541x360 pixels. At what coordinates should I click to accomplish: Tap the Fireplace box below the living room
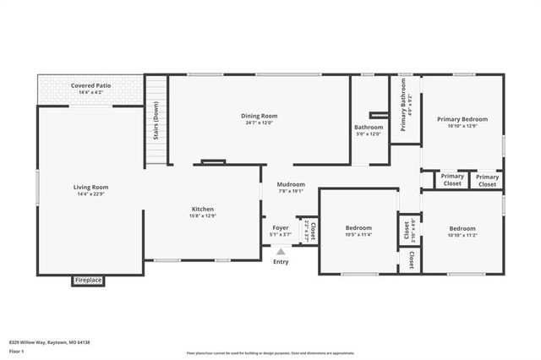[88, 280]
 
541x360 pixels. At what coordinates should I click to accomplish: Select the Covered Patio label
[91, 85]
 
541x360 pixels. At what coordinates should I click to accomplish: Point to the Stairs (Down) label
[156, 123]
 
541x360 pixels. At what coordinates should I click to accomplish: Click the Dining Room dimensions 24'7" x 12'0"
[259, 123]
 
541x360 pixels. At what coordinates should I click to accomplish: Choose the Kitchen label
[203, 209]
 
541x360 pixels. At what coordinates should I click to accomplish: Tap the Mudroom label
[291, 184]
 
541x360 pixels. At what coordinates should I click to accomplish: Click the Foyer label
[280, 228]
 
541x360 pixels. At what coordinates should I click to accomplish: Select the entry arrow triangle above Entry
[281, 250]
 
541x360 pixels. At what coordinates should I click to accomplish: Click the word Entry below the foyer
[281, 261]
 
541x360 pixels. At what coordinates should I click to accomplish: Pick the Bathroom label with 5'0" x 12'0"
[369, 128]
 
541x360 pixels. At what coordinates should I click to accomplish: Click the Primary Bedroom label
[462, 119]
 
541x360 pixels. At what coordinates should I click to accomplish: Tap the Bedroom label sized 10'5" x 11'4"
[359, 228]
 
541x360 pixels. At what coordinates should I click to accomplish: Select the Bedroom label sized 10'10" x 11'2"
[462, 228]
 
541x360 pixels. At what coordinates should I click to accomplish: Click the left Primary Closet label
[453, 180]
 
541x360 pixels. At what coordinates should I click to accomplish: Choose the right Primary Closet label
[488, 180]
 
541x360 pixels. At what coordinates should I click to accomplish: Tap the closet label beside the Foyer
[310, 230]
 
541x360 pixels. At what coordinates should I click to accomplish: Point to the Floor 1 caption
[16, 350]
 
